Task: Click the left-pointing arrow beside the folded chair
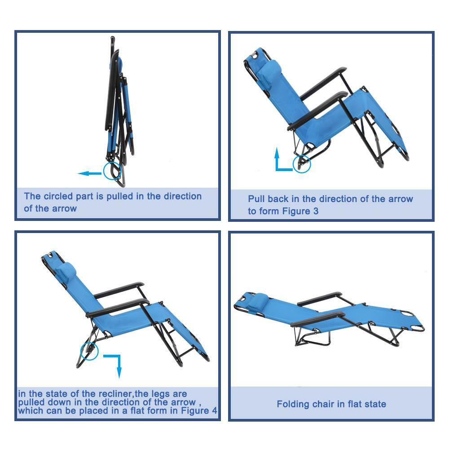point(89,173)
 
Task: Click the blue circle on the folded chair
point(112,171)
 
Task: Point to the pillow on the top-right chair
point(271,70)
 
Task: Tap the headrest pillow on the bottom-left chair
point(67,272)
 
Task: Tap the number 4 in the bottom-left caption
point(214,410)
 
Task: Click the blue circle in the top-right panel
point(301,163)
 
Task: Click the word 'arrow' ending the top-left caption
point(64,209)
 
